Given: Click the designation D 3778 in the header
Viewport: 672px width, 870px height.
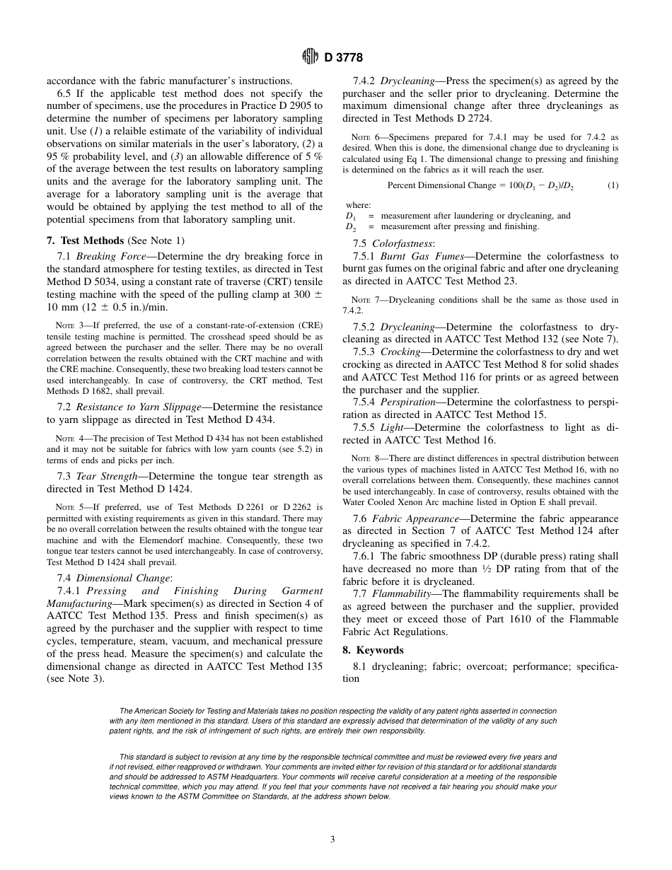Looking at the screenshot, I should (x=344, y=58).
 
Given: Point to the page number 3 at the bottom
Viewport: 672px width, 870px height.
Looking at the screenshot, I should (x=332, y=840).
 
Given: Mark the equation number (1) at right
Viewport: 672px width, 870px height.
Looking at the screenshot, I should (x=613, y=185).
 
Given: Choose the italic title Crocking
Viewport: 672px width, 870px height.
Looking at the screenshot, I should (x=401, y=352).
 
